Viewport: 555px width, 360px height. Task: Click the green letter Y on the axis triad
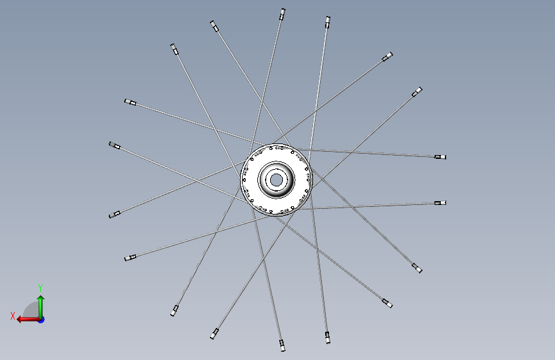click(40, 288)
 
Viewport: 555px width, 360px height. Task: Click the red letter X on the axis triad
click(13, 316)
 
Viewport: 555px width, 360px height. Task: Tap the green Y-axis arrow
click(41, 307)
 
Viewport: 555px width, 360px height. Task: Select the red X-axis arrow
click(29, 320)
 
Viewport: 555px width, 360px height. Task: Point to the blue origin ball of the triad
click(42, 320)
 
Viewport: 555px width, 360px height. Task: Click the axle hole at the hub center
click(276, 180)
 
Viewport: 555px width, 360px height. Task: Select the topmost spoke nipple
click(282, 14)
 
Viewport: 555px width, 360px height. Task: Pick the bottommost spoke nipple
click(282, 345)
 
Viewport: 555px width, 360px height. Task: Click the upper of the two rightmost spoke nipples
click(440, 157)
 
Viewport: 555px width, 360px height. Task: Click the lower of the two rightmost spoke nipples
click(440, 203)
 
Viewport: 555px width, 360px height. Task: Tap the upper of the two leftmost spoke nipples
click(115, 145)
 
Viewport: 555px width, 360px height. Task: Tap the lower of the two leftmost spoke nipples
click(115, 215)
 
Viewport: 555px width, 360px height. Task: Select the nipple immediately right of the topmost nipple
click(328, 22)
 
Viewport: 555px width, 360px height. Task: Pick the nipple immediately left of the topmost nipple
click(214, 26)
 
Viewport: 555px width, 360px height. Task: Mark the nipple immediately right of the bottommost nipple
click(328, 338)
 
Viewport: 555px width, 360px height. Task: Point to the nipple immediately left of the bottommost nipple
click(214, 334)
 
